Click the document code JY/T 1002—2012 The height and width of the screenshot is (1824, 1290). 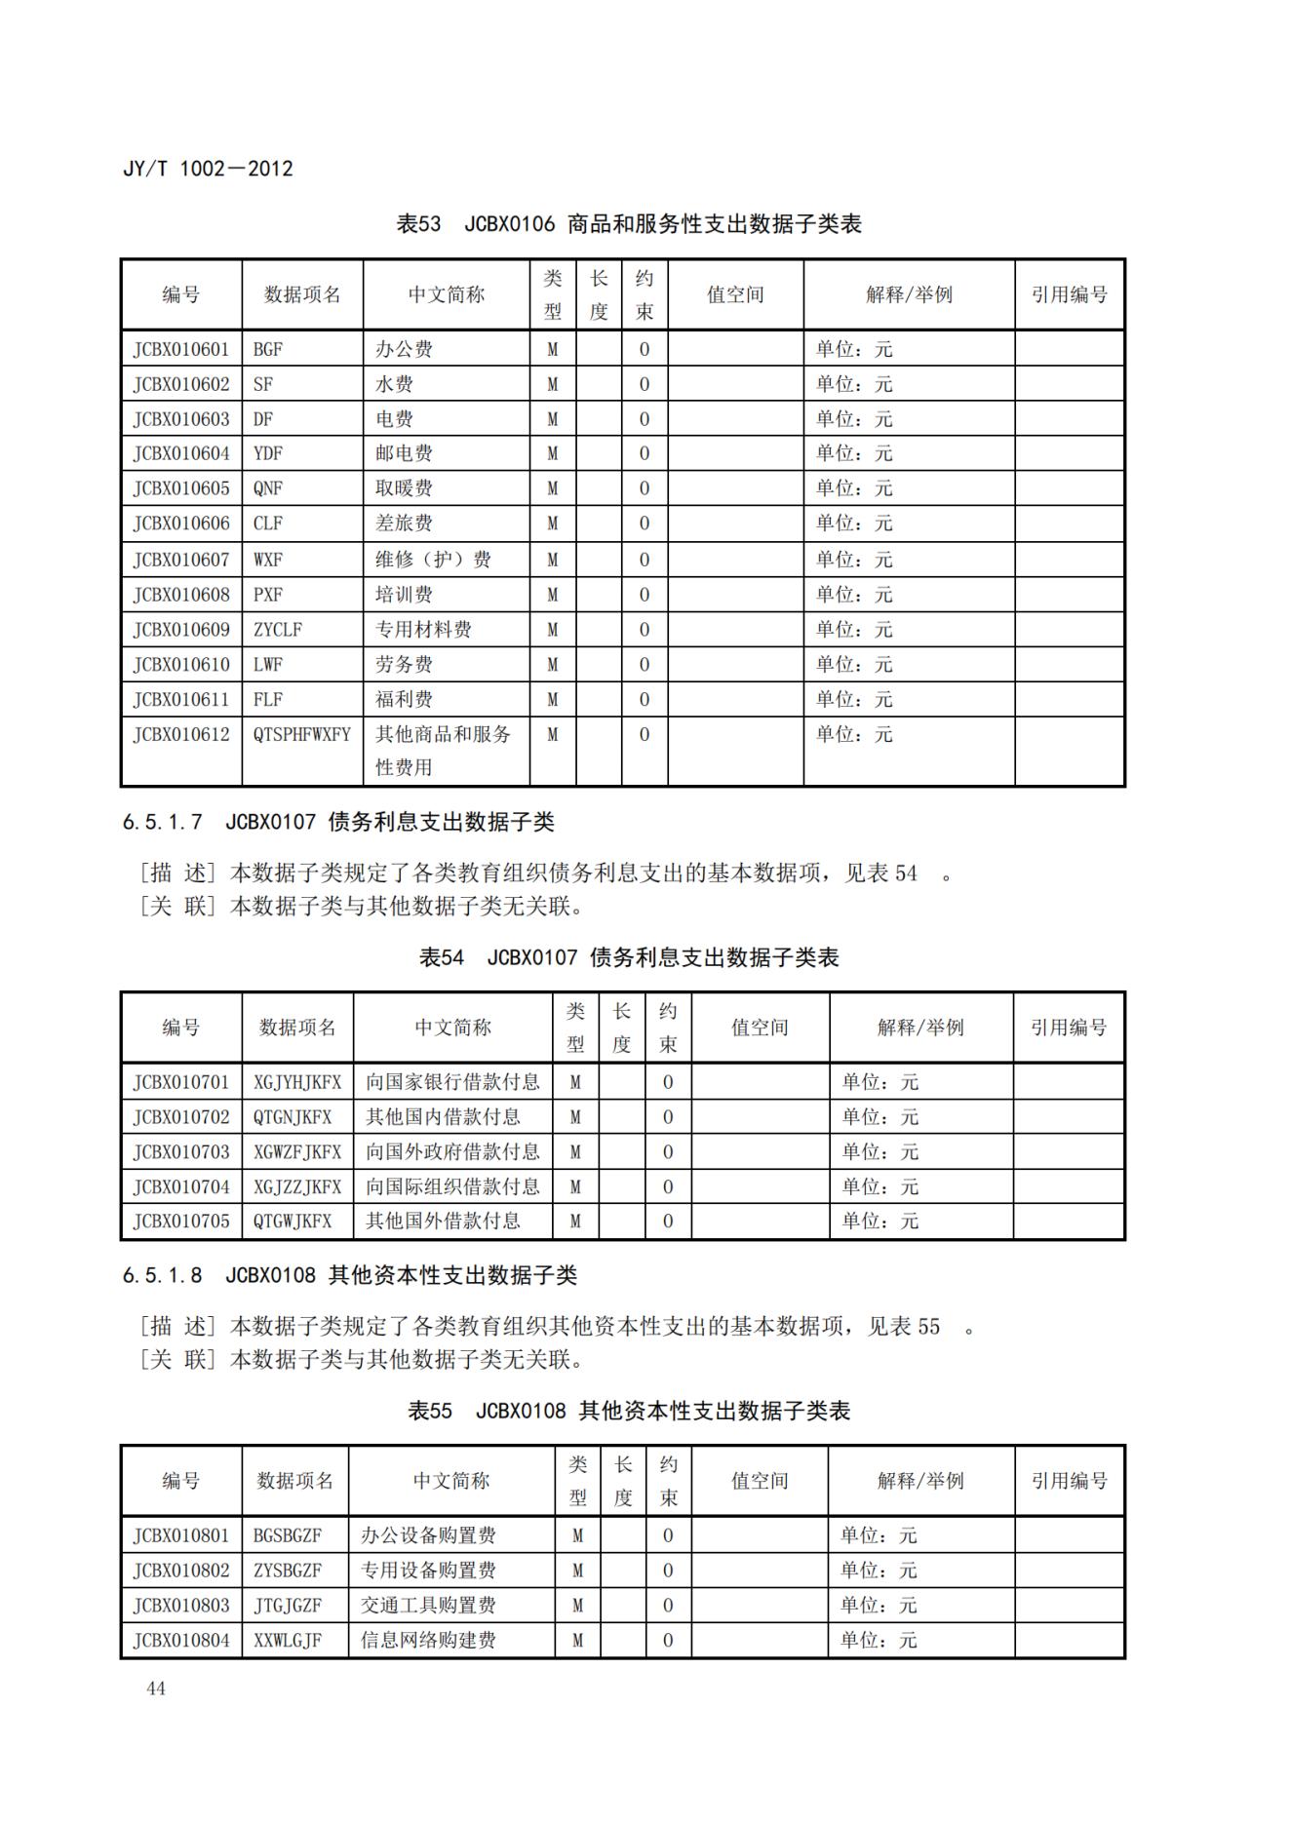pyautogui.click(x=208, y=169)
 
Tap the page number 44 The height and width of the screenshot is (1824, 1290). pyautogui.click(x=156, y=1688)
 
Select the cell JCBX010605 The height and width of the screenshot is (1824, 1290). pyautogui.click(x=181, y=488)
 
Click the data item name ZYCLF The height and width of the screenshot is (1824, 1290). pyautogui.click(x=278, y=630)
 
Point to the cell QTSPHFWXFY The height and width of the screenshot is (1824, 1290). pyautogui.click(x=301, y=734)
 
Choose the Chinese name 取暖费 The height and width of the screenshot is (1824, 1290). pyautogui.click(x=404, y=488)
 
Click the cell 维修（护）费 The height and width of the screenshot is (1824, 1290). pyautogui.click(x=433, y=560)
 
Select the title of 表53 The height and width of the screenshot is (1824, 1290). pyautogui.click(x=629, y=224)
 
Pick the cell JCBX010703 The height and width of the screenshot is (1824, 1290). pyautogui.click(x=181, y=1152)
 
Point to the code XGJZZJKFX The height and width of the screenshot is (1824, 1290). pyautogui.click(x=297, y=1187)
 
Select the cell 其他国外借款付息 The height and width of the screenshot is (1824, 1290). pyautogui.click(x=443, y=1222)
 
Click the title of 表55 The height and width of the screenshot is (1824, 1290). pyautogui.click(x=629, y=1411)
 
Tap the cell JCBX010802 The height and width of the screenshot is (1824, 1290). pyautogui.click(x=181, y=1571)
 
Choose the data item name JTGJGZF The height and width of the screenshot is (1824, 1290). pyautogui.click(x=288, y=1606)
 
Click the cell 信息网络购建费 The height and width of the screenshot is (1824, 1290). pyautogui.click(x=428, y=1641)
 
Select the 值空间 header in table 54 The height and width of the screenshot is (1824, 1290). pyautogui.click(x=760, y=1028)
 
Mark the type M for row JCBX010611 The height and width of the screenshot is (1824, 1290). pyautogui.click(x=553, y=700)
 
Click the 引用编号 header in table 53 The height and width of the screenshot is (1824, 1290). pyautogui.click(x=1070, y=294)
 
